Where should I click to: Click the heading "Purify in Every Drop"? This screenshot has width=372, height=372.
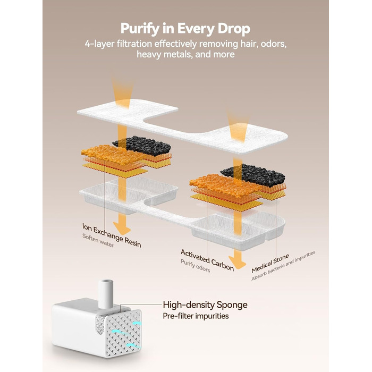pos(185,29)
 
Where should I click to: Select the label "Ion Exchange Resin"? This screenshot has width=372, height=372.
pos(112,235)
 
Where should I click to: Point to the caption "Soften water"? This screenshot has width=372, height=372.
pos(98,240)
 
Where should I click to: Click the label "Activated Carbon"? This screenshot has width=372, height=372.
pos(207,260)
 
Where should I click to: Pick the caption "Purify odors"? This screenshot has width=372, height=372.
pos(195,266)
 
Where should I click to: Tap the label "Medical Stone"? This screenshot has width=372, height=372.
pos(270,263)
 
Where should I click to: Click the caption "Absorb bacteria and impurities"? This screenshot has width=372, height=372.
pos(283,266)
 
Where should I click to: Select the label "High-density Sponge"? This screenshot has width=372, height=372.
pos(205,305)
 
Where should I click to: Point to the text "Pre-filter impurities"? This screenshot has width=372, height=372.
pos(196,316)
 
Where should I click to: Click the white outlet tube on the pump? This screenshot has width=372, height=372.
pos(106,294)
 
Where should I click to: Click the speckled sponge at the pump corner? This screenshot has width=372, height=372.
pos(100,324)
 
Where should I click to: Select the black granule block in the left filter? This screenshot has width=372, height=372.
pos(142,145)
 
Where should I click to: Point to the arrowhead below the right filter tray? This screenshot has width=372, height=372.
pos(238,263)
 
